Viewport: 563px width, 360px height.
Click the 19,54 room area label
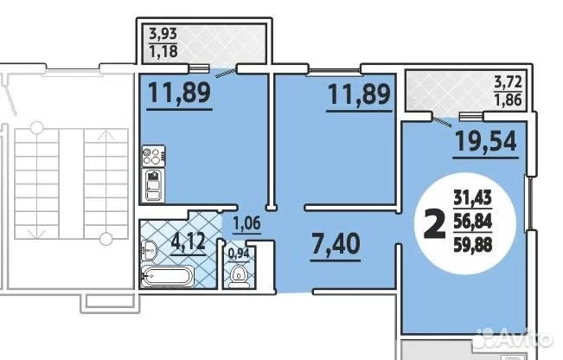(486, 141)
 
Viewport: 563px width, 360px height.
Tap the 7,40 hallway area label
(336, 243)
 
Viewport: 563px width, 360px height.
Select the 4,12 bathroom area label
(189, 241)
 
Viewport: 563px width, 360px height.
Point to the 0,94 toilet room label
(239, 254)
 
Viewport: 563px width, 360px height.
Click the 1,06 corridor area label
(246, 223)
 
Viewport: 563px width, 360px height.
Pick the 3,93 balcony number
(163, 34)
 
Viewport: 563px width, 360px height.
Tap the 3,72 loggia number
(508, 82)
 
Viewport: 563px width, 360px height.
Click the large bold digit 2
(435, 224)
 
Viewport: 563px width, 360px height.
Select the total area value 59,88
(472, 245)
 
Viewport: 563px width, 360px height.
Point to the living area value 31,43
(472, 198)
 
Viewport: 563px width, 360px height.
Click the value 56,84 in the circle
(472, 222)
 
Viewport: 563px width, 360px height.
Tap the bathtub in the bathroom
(167, 276)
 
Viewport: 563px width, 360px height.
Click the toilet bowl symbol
(237, 275)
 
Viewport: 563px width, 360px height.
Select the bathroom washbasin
(149, 249)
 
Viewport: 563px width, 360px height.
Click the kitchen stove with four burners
(153, 156)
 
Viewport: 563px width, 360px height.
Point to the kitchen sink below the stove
(153, 185)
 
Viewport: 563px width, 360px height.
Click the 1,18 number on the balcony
(163, 51)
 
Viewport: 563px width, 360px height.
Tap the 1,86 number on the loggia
(508, 100)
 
